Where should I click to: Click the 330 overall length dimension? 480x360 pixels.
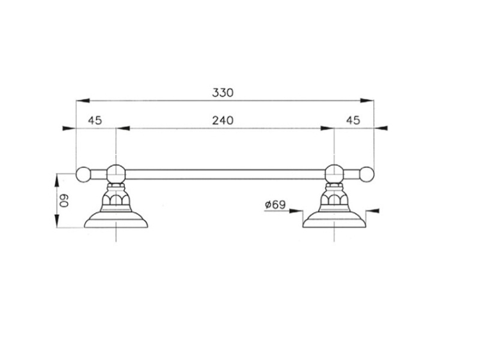click(223, 92)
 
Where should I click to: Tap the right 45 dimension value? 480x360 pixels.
click(353, 120)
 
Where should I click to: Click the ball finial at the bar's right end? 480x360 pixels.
click(367, 173)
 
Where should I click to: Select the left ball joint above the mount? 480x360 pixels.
click(115, 173)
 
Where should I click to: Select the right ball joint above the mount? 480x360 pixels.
click(333, 173)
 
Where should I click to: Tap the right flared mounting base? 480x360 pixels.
click(333, 218)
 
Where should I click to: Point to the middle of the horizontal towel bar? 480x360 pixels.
click(224, 173)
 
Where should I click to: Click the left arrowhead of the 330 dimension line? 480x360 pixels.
click(79, 100)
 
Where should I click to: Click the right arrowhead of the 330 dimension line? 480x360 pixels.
click(370, 100)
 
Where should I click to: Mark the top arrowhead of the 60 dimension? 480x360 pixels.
click(58, 176)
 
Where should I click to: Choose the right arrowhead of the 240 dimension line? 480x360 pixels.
click(329, 129)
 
